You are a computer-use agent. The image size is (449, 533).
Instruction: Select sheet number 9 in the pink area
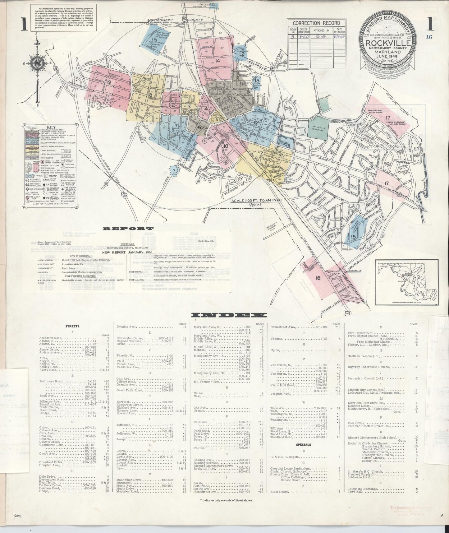[x=110, y=82]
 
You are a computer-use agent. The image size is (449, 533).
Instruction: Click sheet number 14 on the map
[x=218, y=61]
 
